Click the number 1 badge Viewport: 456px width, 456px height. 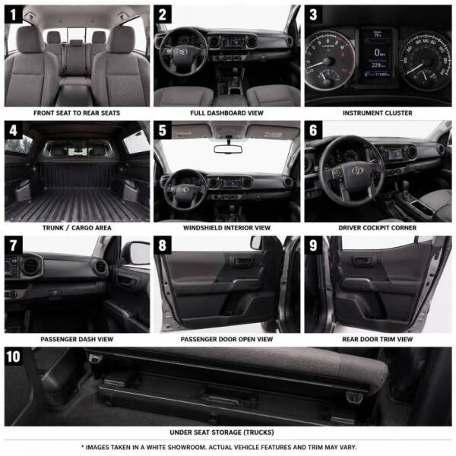[x=14, y=14]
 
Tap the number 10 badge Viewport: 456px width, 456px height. [x=14, y=356]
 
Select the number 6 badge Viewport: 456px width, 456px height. [x=313, y=130]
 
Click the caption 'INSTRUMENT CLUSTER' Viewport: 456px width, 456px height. [x=378, y=112]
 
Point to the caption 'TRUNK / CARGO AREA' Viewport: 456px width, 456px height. [x=77, y=228]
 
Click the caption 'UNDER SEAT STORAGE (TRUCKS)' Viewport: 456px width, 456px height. [x=222, y=432]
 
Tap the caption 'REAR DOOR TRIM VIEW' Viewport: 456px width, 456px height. [x=378, y=339]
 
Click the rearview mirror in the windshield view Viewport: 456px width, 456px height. [x=228, y=149]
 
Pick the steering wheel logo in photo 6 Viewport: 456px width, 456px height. [x=357, y=170]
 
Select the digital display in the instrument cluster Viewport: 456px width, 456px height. [x=377, y=53]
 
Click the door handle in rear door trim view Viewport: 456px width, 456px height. [x=363, y=261]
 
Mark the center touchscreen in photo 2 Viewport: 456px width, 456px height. [x=234, y=43]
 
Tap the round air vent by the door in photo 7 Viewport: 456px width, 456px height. [x=100, y=267]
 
